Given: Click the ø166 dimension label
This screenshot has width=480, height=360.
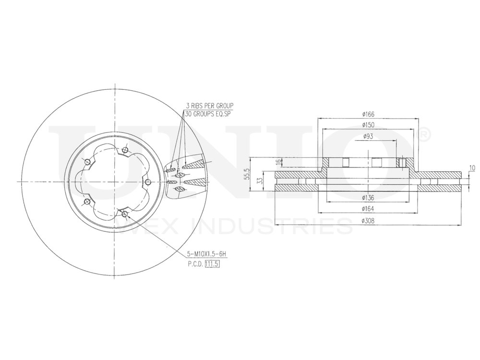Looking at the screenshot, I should pos(369,114).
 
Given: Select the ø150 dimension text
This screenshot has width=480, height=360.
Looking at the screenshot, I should pos(369,125).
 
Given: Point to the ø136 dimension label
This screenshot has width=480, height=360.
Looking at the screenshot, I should pos(369,198).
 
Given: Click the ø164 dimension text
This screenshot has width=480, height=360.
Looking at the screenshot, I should pos(369,209).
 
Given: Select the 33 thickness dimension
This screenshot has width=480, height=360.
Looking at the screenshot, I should pos(259,181).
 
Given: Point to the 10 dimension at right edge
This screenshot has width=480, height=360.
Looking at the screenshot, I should pos(472,168).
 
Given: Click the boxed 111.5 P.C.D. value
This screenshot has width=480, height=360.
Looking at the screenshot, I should pos(212,264).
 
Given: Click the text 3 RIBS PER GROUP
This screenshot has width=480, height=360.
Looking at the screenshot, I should pos(210,105).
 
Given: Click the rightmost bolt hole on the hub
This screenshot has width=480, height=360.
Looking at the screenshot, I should pos(148,181).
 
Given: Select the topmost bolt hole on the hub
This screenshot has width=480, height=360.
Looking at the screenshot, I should pos(125,150).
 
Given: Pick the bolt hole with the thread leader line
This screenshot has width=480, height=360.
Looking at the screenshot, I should pos(125,214).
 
